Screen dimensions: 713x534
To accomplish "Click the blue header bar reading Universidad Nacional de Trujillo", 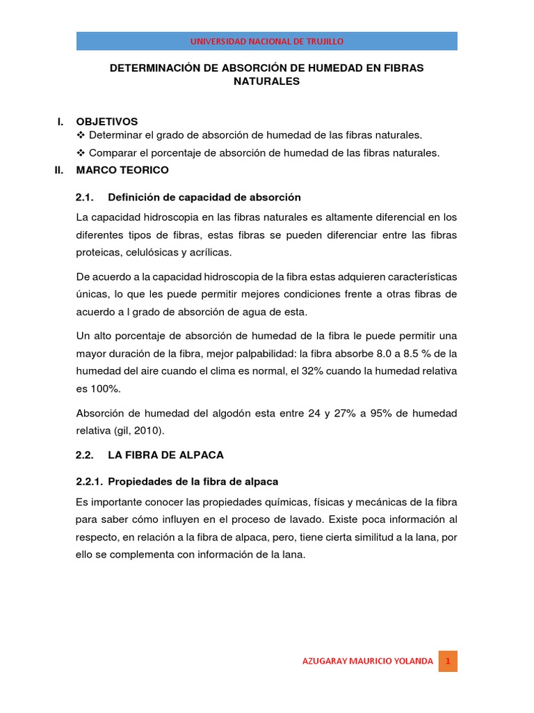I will coord(267,41).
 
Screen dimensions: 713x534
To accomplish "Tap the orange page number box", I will coord(448,661).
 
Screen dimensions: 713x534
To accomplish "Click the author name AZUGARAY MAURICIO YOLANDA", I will coord(367,661).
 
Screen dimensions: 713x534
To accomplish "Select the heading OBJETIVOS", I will coord(107,121).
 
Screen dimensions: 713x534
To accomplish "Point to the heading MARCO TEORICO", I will coord(122,170).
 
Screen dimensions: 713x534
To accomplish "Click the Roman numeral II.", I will coord(60,170).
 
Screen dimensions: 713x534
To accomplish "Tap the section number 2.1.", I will coord(84,197).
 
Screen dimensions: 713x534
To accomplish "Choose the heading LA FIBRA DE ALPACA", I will coord(165,455).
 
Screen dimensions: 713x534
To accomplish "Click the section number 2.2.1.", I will coord(89,482).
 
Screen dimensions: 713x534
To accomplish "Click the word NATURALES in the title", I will coord(266,81).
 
